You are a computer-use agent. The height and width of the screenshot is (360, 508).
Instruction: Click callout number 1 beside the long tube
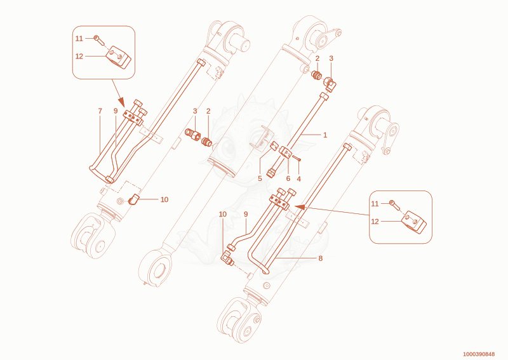(325, 135)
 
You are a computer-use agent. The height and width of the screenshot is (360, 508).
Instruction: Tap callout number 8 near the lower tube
(321, 258)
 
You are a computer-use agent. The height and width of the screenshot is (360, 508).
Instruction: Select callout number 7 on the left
(100, 111)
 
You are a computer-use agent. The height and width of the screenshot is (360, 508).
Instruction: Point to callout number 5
(260, 178)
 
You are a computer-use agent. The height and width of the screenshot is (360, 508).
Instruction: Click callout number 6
(288, 178)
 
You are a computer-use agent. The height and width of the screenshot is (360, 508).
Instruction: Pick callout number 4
(298, 179)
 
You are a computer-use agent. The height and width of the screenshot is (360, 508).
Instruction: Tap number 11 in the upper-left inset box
(79, 39)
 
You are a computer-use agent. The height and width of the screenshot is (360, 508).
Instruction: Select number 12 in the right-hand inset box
(375, 222)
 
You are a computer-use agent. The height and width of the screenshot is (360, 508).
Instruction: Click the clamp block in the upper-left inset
(118, 57)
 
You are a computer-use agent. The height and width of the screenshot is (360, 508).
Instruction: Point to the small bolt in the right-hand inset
(395, 205)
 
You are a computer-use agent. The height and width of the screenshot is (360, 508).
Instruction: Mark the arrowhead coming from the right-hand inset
(300, 207)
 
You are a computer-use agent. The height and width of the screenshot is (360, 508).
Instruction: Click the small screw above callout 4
(297, 158)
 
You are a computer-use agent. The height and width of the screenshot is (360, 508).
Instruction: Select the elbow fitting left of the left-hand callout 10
(134, 199)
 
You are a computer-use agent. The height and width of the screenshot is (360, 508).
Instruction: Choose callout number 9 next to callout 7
(116, 111)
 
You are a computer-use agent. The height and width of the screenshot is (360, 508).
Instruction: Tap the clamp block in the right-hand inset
(414, 222)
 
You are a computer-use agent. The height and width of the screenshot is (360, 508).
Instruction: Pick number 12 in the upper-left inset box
(79, 57)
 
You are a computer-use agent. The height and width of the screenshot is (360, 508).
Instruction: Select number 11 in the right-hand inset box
(375, 204)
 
